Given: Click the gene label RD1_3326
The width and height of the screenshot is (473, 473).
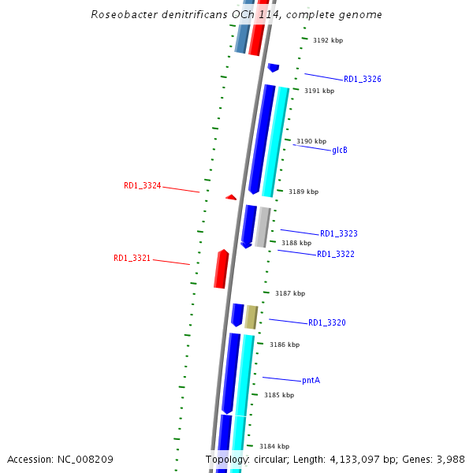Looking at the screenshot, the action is click(x=363, y=80).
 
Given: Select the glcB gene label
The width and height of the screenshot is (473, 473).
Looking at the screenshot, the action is click(x=340, y=150).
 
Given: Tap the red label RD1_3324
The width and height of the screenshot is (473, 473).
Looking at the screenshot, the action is click(x=142, y=186).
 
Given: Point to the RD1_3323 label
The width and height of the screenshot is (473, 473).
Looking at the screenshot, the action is click(x=338, y=234).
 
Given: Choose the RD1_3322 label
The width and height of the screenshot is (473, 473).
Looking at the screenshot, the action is click(x=335, y=255).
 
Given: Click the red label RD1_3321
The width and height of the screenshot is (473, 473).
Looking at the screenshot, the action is click(x=132, y=259).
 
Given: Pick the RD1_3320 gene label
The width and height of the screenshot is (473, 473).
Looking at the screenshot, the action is click(x=326, y=323).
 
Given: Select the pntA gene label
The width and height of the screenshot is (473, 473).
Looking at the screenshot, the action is click(x=311, y=380).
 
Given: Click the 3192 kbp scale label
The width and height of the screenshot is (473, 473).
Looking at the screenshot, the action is click(x=328, y=40).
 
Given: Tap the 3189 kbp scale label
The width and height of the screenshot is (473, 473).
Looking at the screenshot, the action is click(x=304, y=192).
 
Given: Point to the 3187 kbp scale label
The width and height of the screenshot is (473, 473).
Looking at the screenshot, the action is click(x=289, y=293).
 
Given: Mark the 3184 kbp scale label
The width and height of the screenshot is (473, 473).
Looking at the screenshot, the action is click(x=274, y=446).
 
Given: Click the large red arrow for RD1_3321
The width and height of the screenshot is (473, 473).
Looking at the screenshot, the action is click(x=222, y=269).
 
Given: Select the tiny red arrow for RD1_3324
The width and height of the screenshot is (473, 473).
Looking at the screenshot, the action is click(x=231, y=197).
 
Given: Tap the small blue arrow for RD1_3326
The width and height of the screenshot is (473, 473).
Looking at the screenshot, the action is click(x=274, y=68).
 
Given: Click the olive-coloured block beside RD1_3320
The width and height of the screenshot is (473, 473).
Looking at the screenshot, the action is click(x=251, y=317).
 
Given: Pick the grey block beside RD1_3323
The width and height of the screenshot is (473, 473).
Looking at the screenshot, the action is click(x=263, y=227).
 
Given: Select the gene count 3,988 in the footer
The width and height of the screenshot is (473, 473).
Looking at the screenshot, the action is click(x=449, y=459).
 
